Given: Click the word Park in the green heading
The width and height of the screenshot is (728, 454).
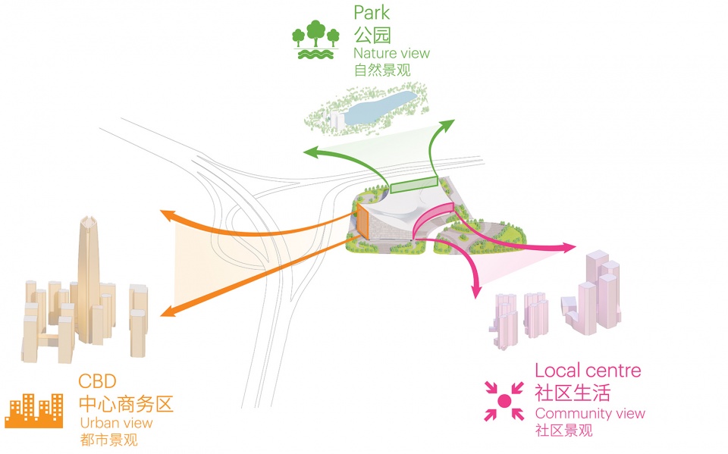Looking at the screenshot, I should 372,13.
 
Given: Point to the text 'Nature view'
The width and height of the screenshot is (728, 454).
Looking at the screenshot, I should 391,53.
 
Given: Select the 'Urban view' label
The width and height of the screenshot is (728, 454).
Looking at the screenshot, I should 115,423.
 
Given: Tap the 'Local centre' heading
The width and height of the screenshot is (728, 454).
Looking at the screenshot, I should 588,371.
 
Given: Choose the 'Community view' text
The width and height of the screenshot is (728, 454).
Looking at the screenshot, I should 590,413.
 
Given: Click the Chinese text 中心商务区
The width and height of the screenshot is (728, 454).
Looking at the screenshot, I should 126,401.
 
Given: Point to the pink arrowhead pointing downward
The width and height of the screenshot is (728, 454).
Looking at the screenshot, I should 478,293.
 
